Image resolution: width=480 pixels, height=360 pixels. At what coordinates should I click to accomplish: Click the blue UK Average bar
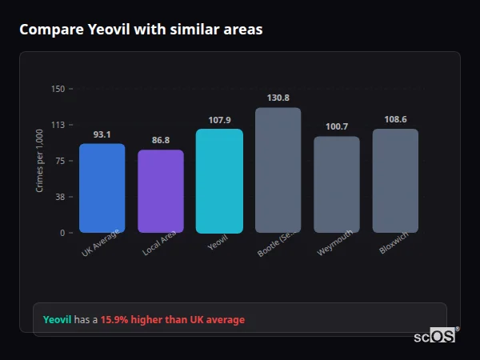pyautogui.click(x=102, y=188)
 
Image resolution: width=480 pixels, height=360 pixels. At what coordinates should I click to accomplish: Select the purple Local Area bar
pyautogui.click(x=161, y=191)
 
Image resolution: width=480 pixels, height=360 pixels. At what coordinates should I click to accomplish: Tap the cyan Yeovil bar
pyautogui.click(x=219, y=181)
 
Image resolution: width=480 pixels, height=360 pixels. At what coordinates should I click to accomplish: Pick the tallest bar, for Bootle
pyautogui.click(x=278, y=170)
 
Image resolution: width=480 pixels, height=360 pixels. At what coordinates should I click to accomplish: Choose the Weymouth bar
pyautogui.click(x=337, y=184)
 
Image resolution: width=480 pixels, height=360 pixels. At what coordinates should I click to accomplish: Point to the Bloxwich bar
pyautogui.click(x=395, y=181)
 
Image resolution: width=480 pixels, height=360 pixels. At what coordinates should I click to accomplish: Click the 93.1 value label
pyautogui.click(x=102, y=134)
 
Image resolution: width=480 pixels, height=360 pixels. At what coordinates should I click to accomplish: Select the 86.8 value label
pyautogui.click(x=161, y=140)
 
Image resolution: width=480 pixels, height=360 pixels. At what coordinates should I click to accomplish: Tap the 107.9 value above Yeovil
pyautogui.click(x=219, y=120)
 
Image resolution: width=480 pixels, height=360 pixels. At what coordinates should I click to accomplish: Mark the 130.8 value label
pyautogui.click(x=278, y=98)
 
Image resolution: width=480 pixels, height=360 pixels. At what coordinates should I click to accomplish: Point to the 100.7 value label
pyautogui.click(x=337, y=126)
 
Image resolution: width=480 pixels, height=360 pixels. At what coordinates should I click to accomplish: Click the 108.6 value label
pyautogui.click(x=395, y=119)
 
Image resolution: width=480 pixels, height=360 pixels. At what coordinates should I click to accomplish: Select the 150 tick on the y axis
pyautogui.click(x=58, y=89)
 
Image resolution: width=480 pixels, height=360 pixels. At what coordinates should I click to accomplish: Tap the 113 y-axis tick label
pyautogui.click(x=58, y=125)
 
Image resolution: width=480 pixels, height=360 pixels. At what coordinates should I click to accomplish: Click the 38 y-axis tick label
pyautogui.click(x=59, y=197)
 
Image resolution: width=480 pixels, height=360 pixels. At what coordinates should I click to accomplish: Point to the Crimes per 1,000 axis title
pyautogui.click(x=40, y=161)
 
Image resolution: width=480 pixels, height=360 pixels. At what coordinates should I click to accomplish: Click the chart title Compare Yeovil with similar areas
pyautogui.click(x=141, y=30)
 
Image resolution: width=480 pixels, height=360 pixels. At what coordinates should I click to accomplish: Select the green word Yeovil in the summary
pyautogui.click(x=57, y=320)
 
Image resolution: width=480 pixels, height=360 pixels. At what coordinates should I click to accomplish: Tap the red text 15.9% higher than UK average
pyautogui.click(x=173, y=320)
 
